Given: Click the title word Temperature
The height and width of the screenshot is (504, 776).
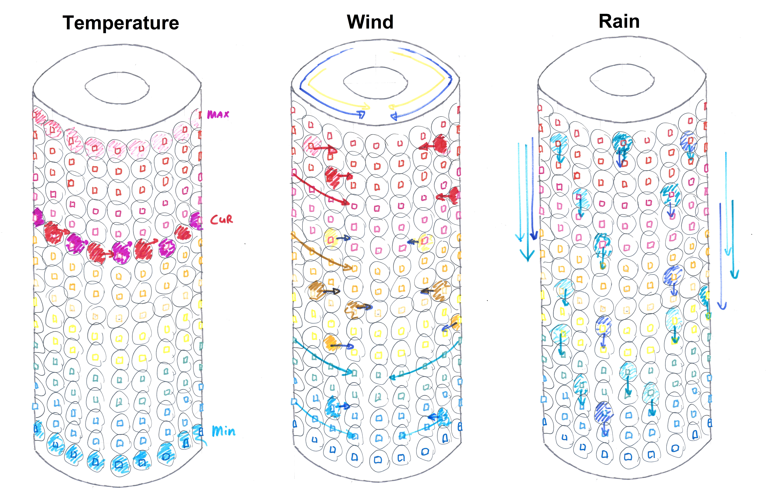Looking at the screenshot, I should [121, 23].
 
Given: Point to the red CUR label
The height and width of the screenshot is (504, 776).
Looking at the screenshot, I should [221, 220].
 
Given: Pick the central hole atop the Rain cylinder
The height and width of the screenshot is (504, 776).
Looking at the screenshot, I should [622, 80].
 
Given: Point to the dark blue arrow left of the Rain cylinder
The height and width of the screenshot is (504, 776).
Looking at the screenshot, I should [532, 189].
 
